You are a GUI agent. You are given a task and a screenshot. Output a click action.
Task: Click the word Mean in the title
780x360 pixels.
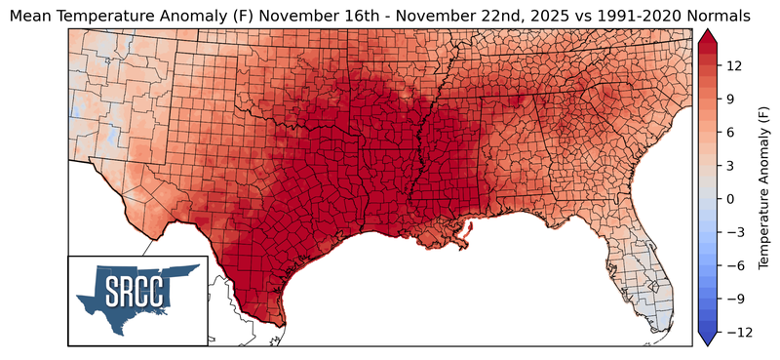[31, 16]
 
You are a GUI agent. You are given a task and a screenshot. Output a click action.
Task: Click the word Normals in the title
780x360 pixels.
[725, 16]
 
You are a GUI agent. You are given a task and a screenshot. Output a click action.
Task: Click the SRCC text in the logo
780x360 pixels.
[137, 291]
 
